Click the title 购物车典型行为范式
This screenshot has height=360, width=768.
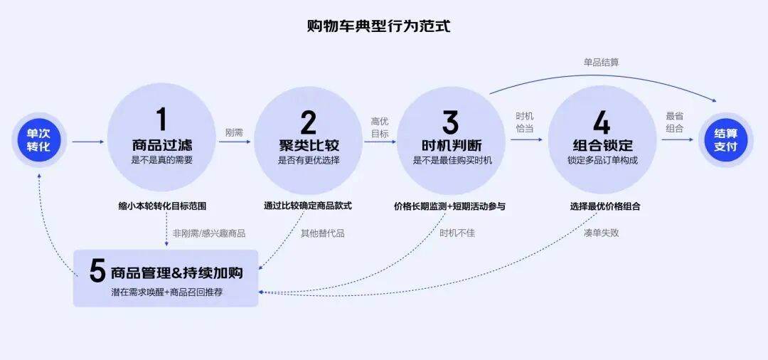[x=378, y=26]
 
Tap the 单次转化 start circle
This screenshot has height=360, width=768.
[x=38, y=140]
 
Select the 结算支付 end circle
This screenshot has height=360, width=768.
[x=726, y=140]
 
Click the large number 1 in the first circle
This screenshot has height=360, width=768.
[x=161, y=120]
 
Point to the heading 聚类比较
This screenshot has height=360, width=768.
[x=309, y=145]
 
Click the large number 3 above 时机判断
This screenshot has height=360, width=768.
[x=451, y=122]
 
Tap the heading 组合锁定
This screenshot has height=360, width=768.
[x=603, y=145]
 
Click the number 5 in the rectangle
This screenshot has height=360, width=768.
[x=97, y=271]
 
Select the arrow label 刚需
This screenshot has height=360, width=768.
[x=234, y=132]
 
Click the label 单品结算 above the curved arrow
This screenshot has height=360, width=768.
[x=601, y=62]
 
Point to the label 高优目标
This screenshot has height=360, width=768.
[x=380, y=127]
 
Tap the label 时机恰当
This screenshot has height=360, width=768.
[x=525, y=122]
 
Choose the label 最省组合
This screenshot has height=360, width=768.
[x=674, y=122]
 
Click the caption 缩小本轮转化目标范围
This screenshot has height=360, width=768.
[x=162, y=206]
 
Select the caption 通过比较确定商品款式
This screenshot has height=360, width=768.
[x=308, y=206]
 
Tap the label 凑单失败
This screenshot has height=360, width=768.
[x=601, y=233]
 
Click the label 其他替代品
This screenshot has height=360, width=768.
[x=322, y=233]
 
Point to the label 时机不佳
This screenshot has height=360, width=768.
[x=457, y=233]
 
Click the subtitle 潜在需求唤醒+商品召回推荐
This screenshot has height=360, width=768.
[x=167, y=292]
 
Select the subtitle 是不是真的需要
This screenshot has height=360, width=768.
[x=161, y=160]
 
